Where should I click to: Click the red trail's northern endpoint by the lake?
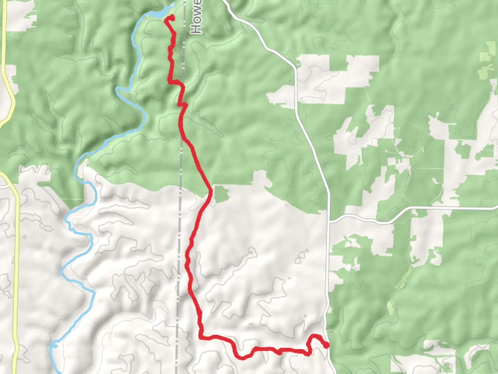170,18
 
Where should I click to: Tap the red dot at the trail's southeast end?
326,345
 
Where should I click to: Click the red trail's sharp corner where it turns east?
201,336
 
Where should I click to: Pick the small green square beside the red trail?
222,194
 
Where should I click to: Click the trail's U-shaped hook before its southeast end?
313,338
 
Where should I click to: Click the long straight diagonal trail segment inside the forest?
197,163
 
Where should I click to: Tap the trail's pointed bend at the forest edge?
211,191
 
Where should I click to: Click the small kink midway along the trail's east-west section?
279,352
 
